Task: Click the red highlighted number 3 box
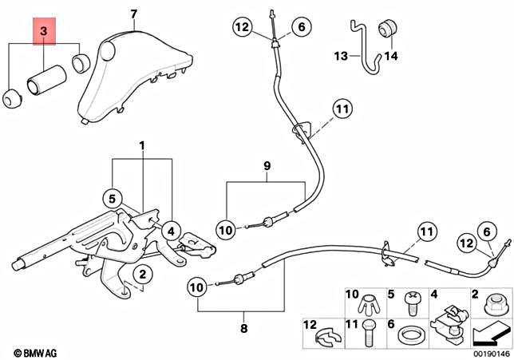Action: pos(44,32)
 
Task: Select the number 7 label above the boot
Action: pos(134,14)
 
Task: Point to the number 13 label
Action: pos(342,56)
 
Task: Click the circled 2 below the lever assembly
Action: pos(140,275)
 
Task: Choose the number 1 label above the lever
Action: pos(142,147)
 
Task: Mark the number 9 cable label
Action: pos(267,168)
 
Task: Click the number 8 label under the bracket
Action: pos(244,327)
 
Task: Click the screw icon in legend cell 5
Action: pos(414,302)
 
